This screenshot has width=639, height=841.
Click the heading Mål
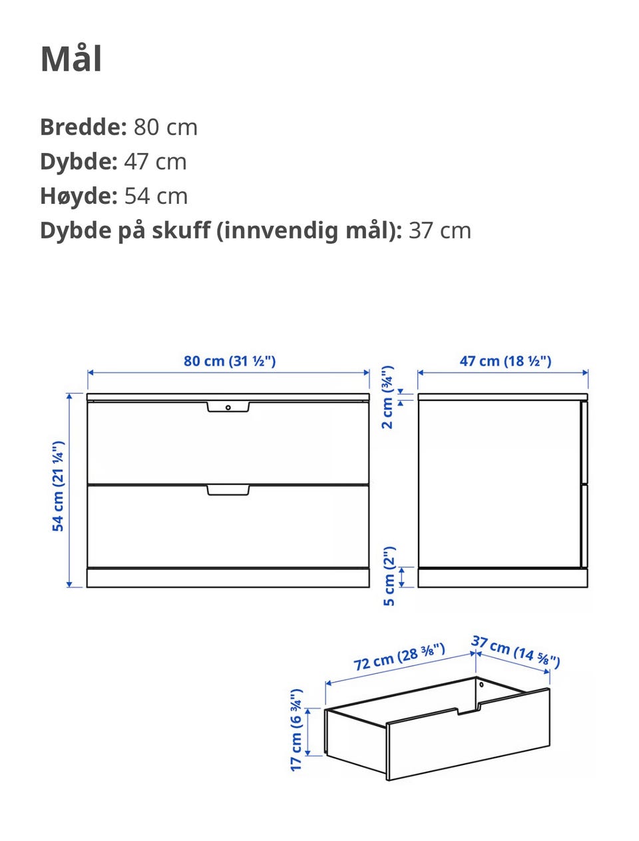coord(71,59)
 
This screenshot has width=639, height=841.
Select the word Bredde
coord(83,127)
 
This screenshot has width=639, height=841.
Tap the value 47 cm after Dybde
coord(155,162)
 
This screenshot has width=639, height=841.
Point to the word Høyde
coord(79,196)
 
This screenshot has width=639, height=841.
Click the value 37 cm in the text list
coord(439,230)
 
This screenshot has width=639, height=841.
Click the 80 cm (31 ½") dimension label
coord(230,361)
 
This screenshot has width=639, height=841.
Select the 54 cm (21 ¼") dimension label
coord(59,485)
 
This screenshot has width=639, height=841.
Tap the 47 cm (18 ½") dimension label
coord(505,361)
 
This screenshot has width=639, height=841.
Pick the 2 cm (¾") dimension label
coord(387,397)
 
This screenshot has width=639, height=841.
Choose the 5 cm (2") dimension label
coord(389,576)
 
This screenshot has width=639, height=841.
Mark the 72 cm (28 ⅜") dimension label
coord(399,657)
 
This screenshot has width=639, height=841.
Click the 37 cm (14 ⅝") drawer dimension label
coord(515,651)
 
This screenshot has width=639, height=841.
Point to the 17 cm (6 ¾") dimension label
coord(296,730)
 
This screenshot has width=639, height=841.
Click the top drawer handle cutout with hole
coord(228,407)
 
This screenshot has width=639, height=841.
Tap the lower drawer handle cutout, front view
coord(228,490)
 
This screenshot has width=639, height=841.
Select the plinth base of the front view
coord(228,578)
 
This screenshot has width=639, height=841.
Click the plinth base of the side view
coord(503,578)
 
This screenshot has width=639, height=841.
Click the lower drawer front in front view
coord(228,529)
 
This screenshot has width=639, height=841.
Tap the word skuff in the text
coord(180,230)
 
